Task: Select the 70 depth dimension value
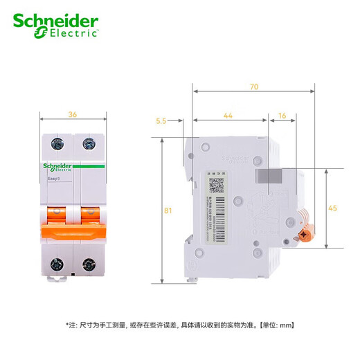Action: (x=255, y=88)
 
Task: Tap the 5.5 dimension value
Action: (x=161, y=120)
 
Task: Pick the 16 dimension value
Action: (x=282, y=118)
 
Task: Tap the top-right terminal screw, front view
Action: (x=88, y=144)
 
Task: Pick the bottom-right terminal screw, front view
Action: (x=88, y=263)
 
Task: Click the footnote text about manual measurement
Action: (x=179, y=324)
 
